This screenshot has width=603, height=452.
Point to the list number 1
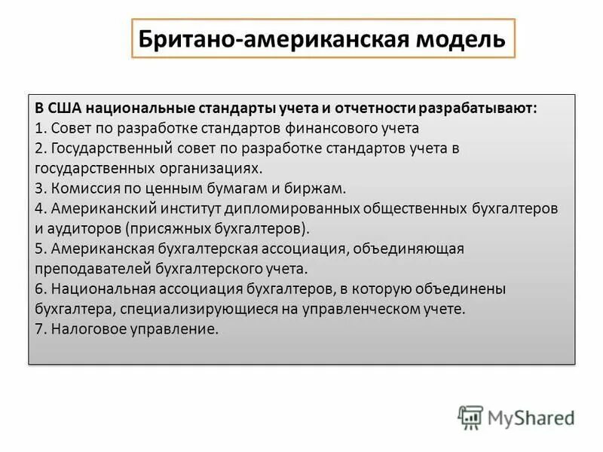(38, 128)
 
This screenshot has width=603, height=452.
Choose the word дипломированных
(302, 209)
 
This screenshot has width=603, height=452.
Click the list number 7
(39, 329)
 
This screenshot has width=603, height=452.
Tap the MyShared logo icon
(470, 417)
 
